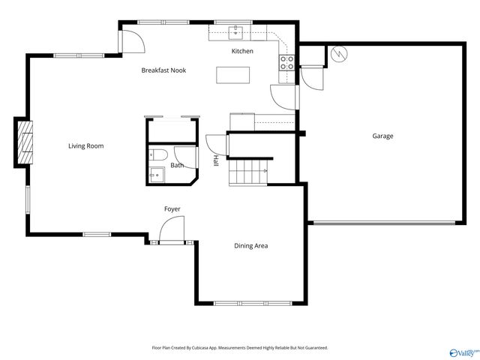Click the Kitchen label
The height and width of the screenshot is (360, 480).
242,51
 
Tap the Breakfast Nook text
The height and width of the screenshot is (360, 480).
163,70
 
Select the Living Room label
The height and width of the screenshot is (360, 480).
86,145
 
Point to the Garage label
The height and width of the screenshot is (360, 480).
382,136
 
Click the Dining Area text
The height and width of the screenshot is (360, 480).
251,246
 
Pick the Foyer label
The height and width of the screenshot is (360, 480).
172,208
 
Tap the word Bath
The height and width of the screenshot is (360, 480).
177,165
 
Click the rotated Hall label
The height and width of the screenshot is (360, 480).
216,160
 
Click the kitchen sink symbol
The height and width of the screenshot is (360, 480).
236,32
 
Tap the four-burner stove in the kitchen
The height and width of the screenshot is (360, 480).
286,63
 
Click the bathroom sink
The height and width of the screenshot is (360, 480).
156,175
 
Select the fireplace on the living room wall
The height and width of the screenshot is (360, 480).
25,142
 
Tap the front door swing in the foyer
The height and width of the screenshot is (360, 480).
172,229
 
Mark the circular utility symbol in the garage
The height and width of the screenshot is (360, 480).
338,55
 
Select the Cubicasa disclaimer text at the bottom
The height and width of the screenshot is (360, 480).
240,347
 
